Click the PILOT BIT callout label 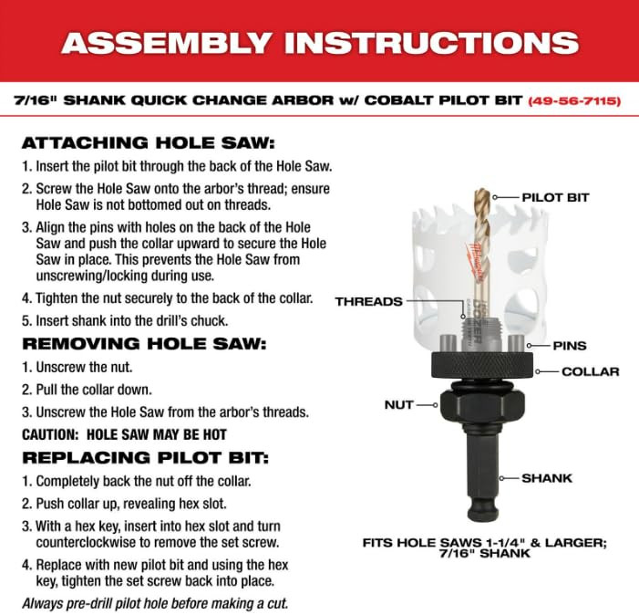click(555, 198)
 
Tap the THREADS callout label click(369, 302)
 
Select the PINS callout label click(570, 346)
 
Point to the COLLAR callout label click(590, 372)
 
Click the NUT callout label click(399, 405)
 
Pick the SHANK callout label click(547, 478)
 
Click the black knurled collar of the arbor click(482, 365)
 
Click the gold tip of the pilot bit click(482, 195)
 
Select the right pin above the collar click(516, 343)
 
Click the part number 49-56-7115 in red click(574, 100)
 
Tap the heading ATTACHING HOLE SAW click(149, 143)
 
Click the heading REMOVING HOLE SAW click(144, 344)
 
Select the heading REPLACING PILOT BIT click(146, 457)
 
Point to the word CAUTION click(50, 434)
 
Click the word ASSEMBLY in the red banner click(167, 43)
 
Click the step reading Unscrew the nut click(77, 368)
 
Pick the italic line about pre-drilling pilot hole click(155, 603)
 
